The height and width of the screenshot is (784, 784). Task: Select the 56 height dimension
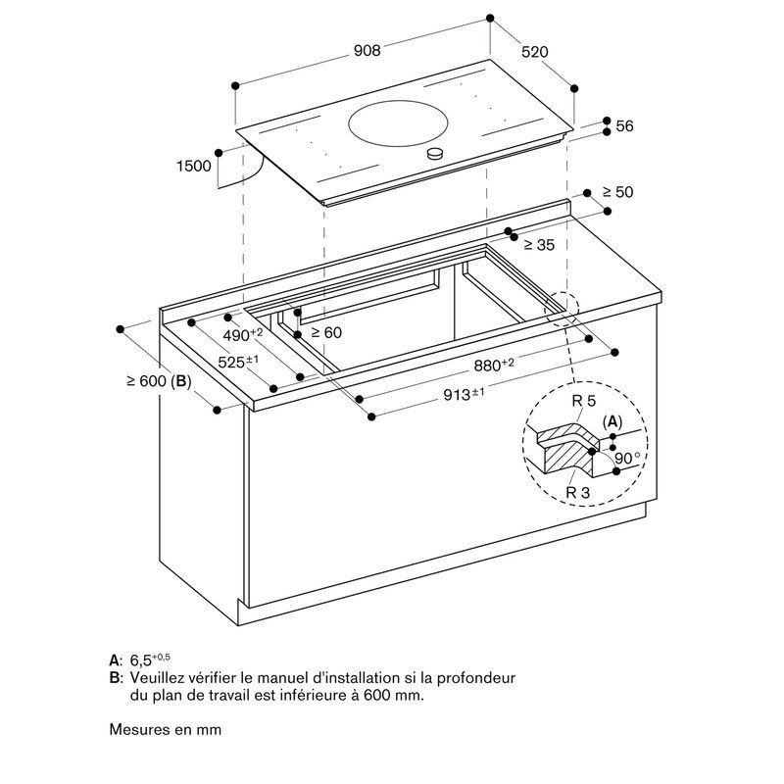(x=625, y=126)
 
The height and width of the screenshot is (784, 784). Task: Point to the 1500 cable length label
(x=193, y=167)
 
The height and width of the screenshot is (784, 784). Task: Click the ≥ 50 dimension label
(x=617, y=192)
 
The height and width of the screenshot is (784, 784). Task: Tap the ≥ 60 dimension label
(x=326, y=333)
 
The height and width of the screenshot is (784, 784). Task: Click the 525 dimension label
(x=238, y=362)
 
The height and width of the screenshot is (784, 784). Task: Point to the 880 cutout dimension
(x=494, y=365)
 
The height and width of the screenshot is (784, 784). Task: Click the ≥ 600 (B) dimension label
(x=159, y=381)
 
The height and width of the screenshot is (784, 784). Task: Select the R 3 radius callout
(x=577, y=492)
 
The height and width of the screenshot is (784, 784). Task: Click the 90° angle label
(x=628, y=458)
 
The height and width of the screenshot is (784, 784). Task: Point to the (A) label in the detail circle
(x=612, y=421)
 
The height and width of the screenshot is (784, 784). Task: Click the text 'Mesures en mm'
(x=166, y=729)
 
